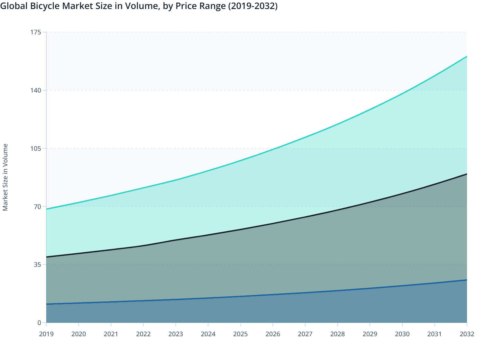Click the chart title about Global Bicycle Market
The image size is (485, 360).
point(139,6)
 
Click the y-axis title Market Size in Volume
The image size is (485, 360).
point(5,177)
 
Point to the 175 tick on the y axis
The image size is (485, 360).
point(36,32)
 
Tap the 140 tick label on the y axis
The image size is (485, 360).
point(36,90)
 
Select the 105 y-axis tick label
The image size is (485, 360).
point(36,148)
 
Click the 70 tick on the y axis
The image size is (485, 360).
point(37,206)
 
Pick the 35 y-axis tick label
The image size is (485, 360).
point(37,265)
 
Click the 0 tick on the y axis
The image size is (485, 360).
point(39,323)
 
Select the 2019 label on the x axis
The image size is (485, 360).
point(46,334)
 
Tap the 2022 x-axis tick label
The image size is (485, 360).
point(143,334)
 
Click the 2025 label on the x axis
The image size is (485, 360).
point(240,334)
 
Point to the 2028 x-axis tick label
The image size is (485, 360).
point(337,334)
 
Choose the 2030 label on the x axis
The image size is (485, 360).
point(402,334)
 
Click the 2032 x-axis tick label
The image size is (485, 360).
point(467,334)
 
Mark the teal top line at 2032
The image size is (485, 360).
point(466,57)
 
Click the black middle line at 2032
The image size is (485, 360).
point(466,174)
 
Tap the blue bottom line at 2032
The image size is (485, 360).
point(466,280)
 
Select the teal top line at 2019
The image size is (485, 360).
point(47,209)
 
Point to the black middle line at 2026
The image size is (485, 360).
point(273,223)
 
